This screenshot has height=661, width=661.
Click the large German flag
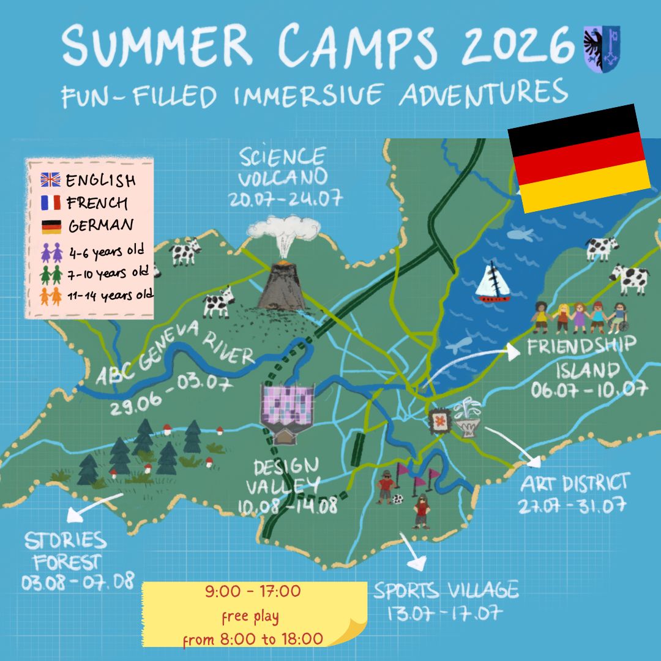[579, 159]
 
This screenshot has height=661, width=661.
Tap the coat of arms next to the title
[602, 49]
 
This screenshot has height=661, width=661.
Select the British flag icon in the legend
[50, 180]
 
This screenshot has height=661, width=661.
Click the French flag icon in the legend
[50, 203]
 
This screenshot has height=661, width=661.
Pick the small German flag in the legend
[50, 226]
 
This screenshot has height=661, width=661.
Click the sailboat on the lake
[493, 283]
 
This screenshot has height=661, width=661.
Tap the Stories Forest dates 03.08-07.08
[78, 581]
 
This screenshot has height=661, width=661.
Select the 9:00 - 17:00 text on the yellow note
[253, 592]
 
